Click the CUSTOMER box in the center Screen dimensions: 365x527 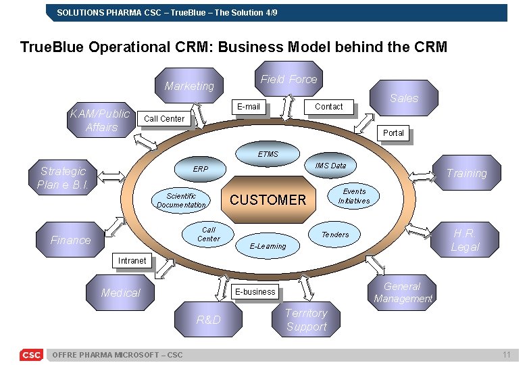pos(268,199)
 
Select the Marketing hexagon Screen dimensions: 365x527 pos(189,86)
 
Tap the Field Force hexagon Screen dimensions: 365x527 pos(288,79)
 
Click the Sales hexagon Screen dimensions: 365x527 pos(403,98)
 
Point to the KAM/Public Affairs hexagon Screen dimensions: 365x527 pos(101,120)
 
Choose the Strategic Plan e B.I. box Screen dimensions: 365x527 pos(63,178)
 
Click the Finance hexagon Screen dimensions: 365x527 pos(70,240)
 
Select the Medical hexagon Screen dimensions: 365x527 pos(120,293)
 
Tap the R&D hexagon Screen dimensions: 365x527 pos(208,320)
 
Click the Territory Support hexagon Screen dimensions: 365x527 pos(306,320)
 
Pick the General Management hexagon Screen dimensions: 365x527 pos(403,293)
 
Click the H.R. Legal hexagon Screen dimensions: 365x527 pos(465,240)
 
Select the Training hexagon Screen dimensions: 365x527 pos(466,173)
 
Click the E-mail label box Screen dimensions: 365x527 pos(248,107)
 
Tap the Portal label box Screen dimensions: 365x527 pos(393,133)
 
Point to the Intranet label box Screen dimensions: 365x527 pos(132,261)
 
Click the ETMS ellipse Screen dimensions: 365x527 pos(268,154)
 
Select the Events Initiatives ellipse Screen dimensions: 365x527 pos(354,196)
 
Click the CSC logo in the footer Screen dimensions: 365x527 pos(31,355)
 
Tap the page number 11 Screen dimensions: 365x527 pos(506,355)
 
